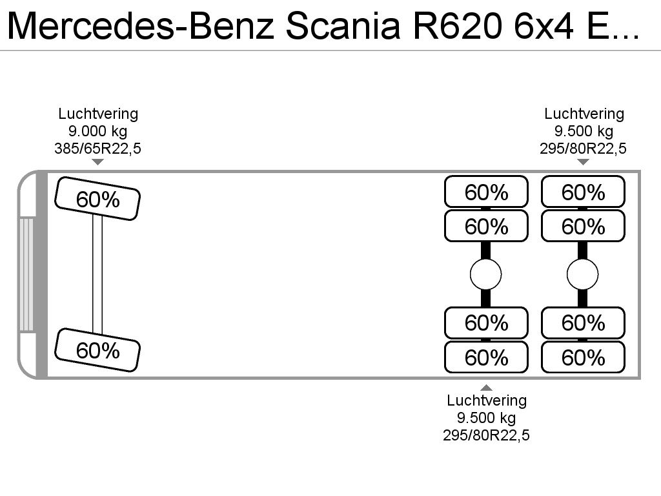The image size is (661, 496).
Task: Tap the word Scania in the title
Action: (343, 26)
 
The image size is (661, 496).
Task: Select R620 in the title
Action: (458, 26)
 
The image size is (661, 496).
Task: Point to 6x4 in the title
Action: (544, 26)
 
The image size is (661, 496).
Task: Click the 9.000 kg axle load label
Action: (98, 131)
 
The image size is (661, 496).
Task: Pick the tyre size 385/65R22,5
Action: (98, 149)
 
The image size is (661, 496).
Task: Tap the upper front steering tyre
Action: (97, 199)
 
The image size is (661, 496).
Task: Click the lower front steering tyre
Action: (97, 350)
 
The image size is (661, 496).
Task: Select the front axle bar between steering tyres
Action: (97, 274)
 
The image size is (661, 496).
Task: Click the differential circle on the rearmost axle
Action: (583, 274)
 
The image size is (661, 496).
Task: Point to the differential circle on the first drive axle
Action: (485, 274)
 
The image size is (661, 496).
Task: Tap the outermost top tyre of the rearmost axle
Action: (583, 191)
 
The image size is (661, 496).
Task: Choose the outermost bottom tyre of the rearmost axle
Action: (583, 357)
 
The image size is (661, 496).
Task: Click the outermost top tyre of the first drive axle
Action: (486, 191)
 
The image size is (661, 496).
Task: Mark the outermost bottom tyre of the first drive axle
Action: (486, 357)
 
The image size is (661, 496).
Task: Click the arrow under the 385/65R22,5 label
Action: (98, 162)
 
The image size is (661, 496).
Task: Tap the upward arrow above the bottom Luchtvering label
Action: (487, 387)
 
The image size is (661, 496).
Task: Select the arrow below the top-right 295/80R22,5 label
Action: (583, 162)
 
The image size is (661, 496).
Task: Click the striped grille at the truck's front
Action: (26, 274)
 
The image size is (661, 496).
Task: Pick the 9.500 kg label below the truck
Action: (487, 418)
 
